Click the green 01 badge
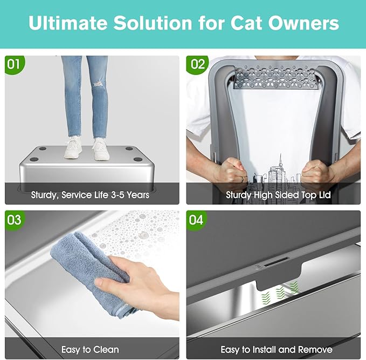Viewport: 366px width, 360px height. click(14, 65)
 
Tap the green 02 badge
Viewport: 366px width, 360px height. click(197, 65)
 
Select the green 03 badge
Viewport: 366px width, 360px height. click(14, 220)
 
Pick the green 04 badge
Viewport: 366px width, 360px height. click(197, 220)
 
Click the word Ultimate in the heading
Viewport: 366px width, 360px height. click(67, 23)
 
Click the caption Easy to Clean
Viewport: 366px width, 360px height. click(90, 349)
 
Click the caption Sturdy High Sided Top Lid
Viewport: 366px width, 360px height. click(278, 194)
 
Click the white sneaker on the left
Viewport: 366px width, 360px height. click(73, 147)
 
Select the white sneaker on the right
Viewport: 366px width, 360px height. click(101, 148)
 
